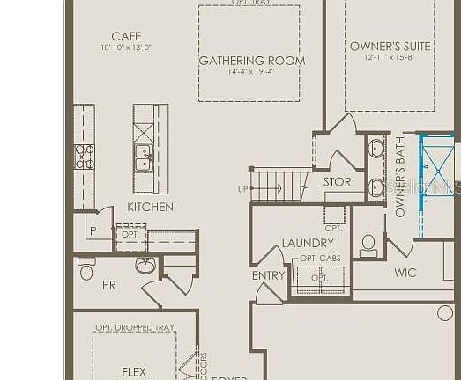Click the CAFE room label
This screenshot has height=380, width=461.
pyautogui.click(x=126, y=36)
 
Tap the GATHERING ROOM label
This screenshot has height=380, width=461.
pyautogui.click(x=252, y=61)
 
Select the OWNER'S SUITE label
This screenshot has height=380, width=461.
pyautogui.click(x=390, y=47)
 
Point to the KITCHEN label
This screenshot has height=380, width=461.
pyautogui.click(x=150, y=207)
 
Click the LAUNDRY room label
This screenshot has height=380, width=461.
pyautogui.click(x=308, y=243)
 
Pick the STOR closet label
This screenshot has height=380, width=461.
pyautogui.click(x=337, y=182)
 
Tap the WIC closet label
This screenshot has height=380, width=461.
pyautogui.click(x=405, y=273)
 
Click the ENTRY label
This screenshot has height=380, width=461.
pyautogui.click(x=269, y=275)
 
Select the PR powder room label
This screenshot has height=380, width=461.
pyautogui.click(x=109, y=285)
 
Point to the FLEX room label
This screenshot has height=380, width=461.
pyautogui.click(x=134, y=372)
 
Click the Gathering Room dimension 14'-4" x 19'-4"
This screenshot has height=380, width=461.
pyautogui.click(x=251, y=72)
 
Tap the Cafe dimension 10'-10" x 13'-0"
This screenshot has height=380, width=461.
pyautogui.click(x=125, y=47)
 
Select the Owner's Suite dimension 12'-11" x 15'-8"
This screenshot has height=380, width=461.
pyautogui.click(x=390, y=58)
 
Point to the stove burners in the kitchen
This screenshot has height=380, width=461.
pyautogui.click(x=85, y=157)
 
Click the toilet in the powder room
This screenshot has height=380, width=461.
pyautogui.click(x=86, y=270)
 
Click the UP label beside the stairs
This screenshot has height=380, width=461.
pyautogui.click(x=242, y=189)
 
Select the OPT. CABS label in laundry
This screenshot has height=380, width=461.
pyautogui.click(x=320, y=258)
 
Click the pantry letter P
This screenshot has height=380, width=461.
pyautogui.click(x=92, y=231)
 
